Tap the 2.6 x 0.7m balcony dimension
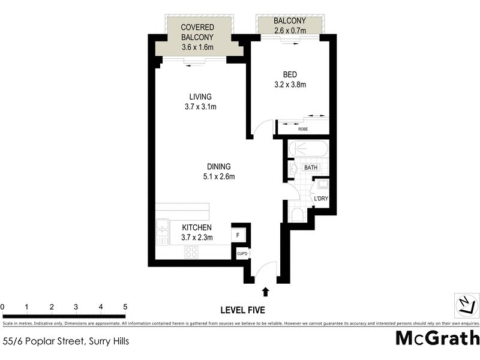[x=290, y=31]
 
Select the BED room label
[x=290, y=74]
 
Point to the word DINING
[x=218, y=167]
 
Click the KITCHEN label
[x=197, y=227]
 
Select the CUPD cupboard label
[x=242, y=253]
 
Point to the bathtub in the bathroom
[x=307, y=149]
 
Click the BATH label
[x=310, y=168]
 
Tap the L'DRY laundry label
[x=320, y=197]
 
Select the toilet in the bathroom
[x=297, y=216]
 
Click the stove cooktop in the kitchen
[x=192, y=252]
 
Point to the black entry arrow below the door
[x=266, y=292]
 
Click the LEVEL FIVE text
[x=242, y=310]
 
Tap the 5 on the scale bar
[x=124, y=307]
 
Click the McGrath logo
[x=437, y=338]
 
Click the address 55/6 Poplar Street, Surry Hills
[x=66, y=341]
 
